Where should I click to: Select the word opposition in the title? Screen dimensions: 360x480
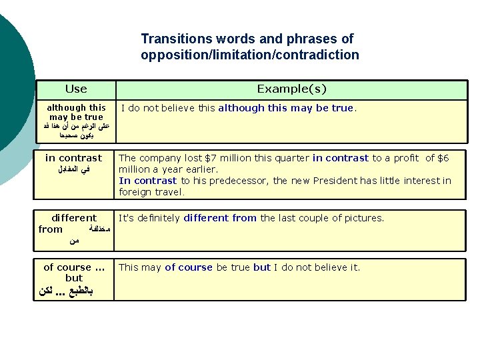click(x=174, y=55)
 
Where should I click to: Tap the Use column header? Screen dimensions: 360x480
click(x=75, y=89)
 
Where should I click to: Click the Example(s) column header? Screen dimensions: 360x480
click(x=291, y=89)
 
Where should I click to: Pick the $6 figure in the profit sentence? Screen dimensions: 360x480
click(x=442, y=158)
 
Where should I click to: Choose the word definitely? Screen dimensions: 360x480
click(x=157, y=218)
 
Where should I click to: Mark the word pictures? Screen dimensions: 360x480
click(x=363, y=218)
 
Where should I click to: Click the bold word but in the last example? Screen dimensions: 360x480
click(x=262, y=267)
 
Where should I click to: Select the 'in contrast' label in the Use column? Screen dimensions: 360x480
click(x=73, y=158)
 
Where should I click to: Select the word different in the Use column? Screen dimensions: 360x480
click(x=74, y=218)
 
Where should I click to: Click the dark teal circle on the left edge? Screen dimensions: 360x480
click(x=10, y=80)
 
